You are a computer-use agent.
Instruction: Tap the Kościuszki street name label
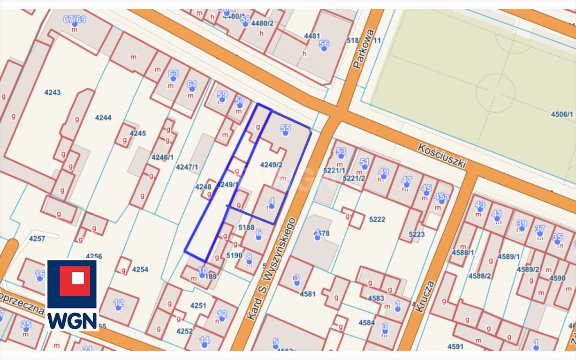(x=443, y=155)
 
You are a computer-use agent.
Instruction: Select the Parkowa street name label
(x=364, y=49)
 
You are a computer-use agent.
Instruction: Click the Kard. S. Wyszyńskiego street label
(x=272, y=269)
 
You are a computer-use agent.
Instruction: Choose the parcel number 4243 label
(x=53, y=92)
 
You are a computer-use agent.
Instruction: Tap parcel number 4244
(x=103, y=118)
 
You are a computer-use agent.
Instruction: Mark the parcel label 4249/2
(x=272, y=165)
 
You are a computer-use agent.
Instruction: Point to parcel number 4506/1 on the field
(x=562, y=114)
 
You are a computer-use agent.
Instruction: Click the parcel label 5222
(x=377, y=219)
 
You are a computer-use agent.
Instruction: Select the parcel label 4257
(x=37, y=239)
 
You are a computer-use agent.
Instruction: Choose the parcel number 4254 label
(x=140, y=270)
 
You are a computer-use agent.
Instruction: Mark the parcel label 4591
(x=455, y=346)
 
